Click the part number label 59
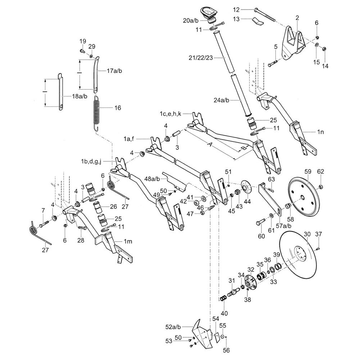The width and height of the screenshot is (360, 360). (x=308, y=171)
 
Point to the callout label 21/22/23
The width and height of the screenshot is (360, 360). (x=201, y=58)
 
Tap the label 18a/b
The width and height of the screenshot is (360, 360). (x=80, y=96)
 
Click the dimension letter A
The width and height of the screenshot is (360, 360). (x=210, y=145)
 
